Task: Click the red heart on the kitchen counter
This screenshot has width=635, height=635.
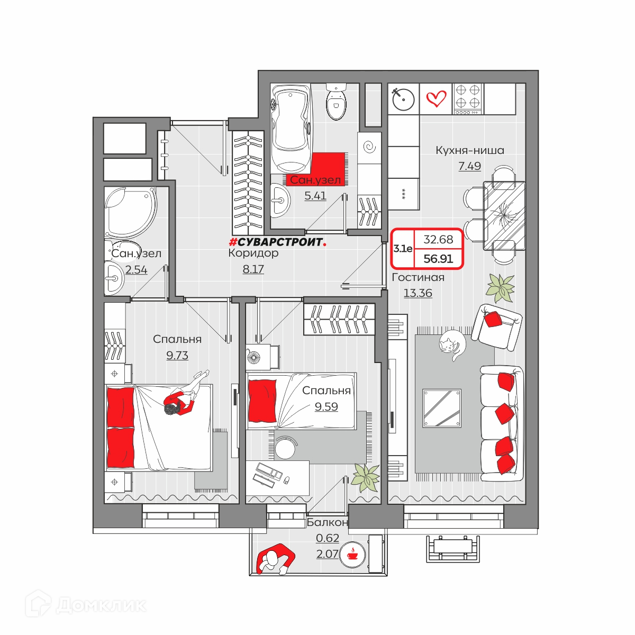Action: (436, 98)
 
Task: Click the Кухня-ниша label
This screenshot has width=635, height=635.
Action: (469, 150)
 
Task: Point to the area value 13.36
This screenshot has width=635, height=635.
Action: (418, 293)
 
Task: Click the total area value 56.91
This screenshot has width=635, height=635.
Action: (438, 259)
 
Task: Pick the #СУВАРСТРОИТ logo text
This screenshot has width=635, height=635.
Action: (277, 242)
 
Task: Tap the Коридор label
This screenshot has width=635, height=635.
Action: (253, 253)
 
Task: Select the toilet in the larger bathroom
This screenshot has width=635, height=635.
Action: (336, 102)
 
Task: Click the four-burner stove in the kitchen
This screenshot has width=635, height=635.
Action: (468, 99)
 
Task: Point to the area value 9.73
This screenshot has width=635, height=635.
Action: (177, 355)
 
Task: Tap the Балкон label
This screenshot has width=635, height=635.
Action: (327, 522)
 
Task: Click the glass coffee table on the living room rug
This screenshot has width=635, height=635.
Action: (441, 408)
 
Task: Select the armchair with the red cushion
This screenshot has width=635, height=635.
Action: (496, 326)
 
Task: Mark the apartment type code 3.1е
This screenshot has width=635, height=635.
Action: (402, 249)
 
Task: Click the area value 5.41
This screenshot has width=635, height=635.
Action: (315, 196)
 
